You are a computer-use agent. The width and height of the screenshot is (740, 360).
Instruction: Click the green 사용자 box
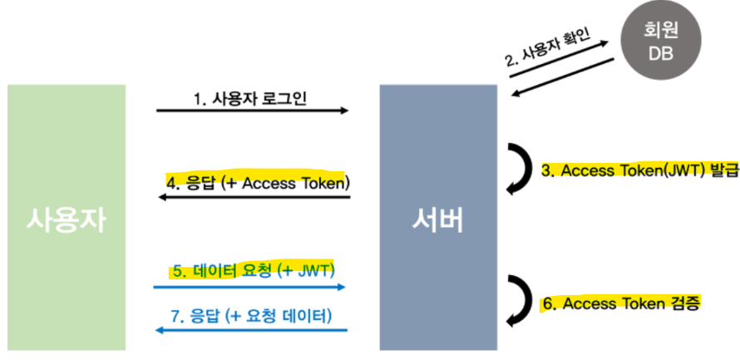coord(67,218)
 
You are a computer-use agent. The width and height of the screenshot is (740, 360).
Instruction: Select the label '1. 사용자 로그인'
coord(250,98)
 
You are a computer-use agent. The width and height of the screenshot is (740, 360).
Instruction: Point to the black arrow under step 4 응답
coord(254,197)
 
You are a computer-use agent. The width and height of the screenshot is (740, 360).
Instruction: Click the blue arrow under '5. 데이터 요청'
coord(250,287)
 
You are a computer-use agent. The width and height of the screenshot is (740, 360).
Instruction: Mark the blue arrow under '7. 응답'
coord(250,330)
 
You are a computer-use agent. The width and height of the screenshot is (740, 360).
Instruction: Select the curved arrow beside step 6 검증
coord(521,303)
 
